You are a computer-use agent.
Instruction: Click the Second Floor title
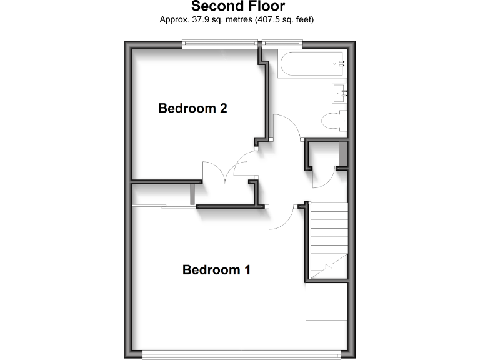coord(237,7)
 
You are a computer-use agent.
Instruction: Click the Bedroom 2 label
coord(192,108)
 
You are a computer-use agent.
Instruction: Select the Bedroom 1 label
coord(216,270)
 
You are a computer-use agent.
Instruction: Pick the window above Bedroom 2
coord(220,42)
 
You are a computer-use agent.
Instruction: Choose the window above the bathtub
coord(282,42)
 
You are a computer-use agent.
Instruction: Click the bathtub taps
coord(341,64)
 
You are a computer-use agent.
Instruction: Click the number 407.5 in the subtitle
coord(266,20)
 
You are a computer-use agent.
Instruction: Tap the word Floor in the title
coord(264,7)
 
